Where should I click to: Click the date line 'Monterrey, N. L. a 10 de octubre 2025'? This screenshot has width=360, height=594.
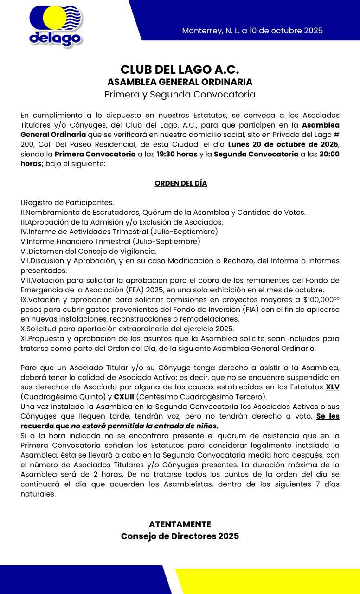[x=252, y=31]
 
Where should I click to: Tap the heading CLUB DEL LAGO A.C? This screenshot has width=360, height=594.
[x=180, y=70]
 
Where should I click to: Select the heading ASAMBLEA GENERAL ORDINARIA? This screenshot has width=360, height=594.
[x=180, y=82]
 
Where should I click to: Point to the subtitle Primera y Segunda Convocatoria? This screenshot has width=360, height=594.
[x=180, y=95]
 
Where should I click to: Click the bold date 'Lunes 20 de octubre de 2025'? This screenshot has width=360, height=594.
[x=283, y=144]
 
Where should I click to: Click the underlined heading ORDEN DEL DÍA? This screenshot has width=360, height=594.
[x=180, y=183]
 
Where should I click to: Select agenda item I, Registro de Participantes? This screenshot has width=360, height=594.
[x=67, y=203]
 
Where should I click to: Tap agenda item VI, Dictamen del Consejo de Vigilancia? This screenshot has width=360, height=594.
[x=89, y=252]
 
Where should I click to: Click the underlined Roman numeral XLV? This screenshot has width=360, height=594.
[x=333, y=387]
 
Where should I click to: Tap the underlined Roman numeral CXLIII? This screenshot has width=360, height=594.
[x=124, y=397]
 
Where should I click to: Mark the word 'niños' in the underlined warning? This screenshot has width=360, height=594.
[x=207, y=426]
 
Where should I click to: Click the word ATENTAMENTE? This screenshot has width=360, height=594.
[x=180, y=524]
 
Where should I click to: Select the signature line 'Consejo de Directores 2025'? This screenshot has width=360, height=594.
[x=180, y=536]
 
